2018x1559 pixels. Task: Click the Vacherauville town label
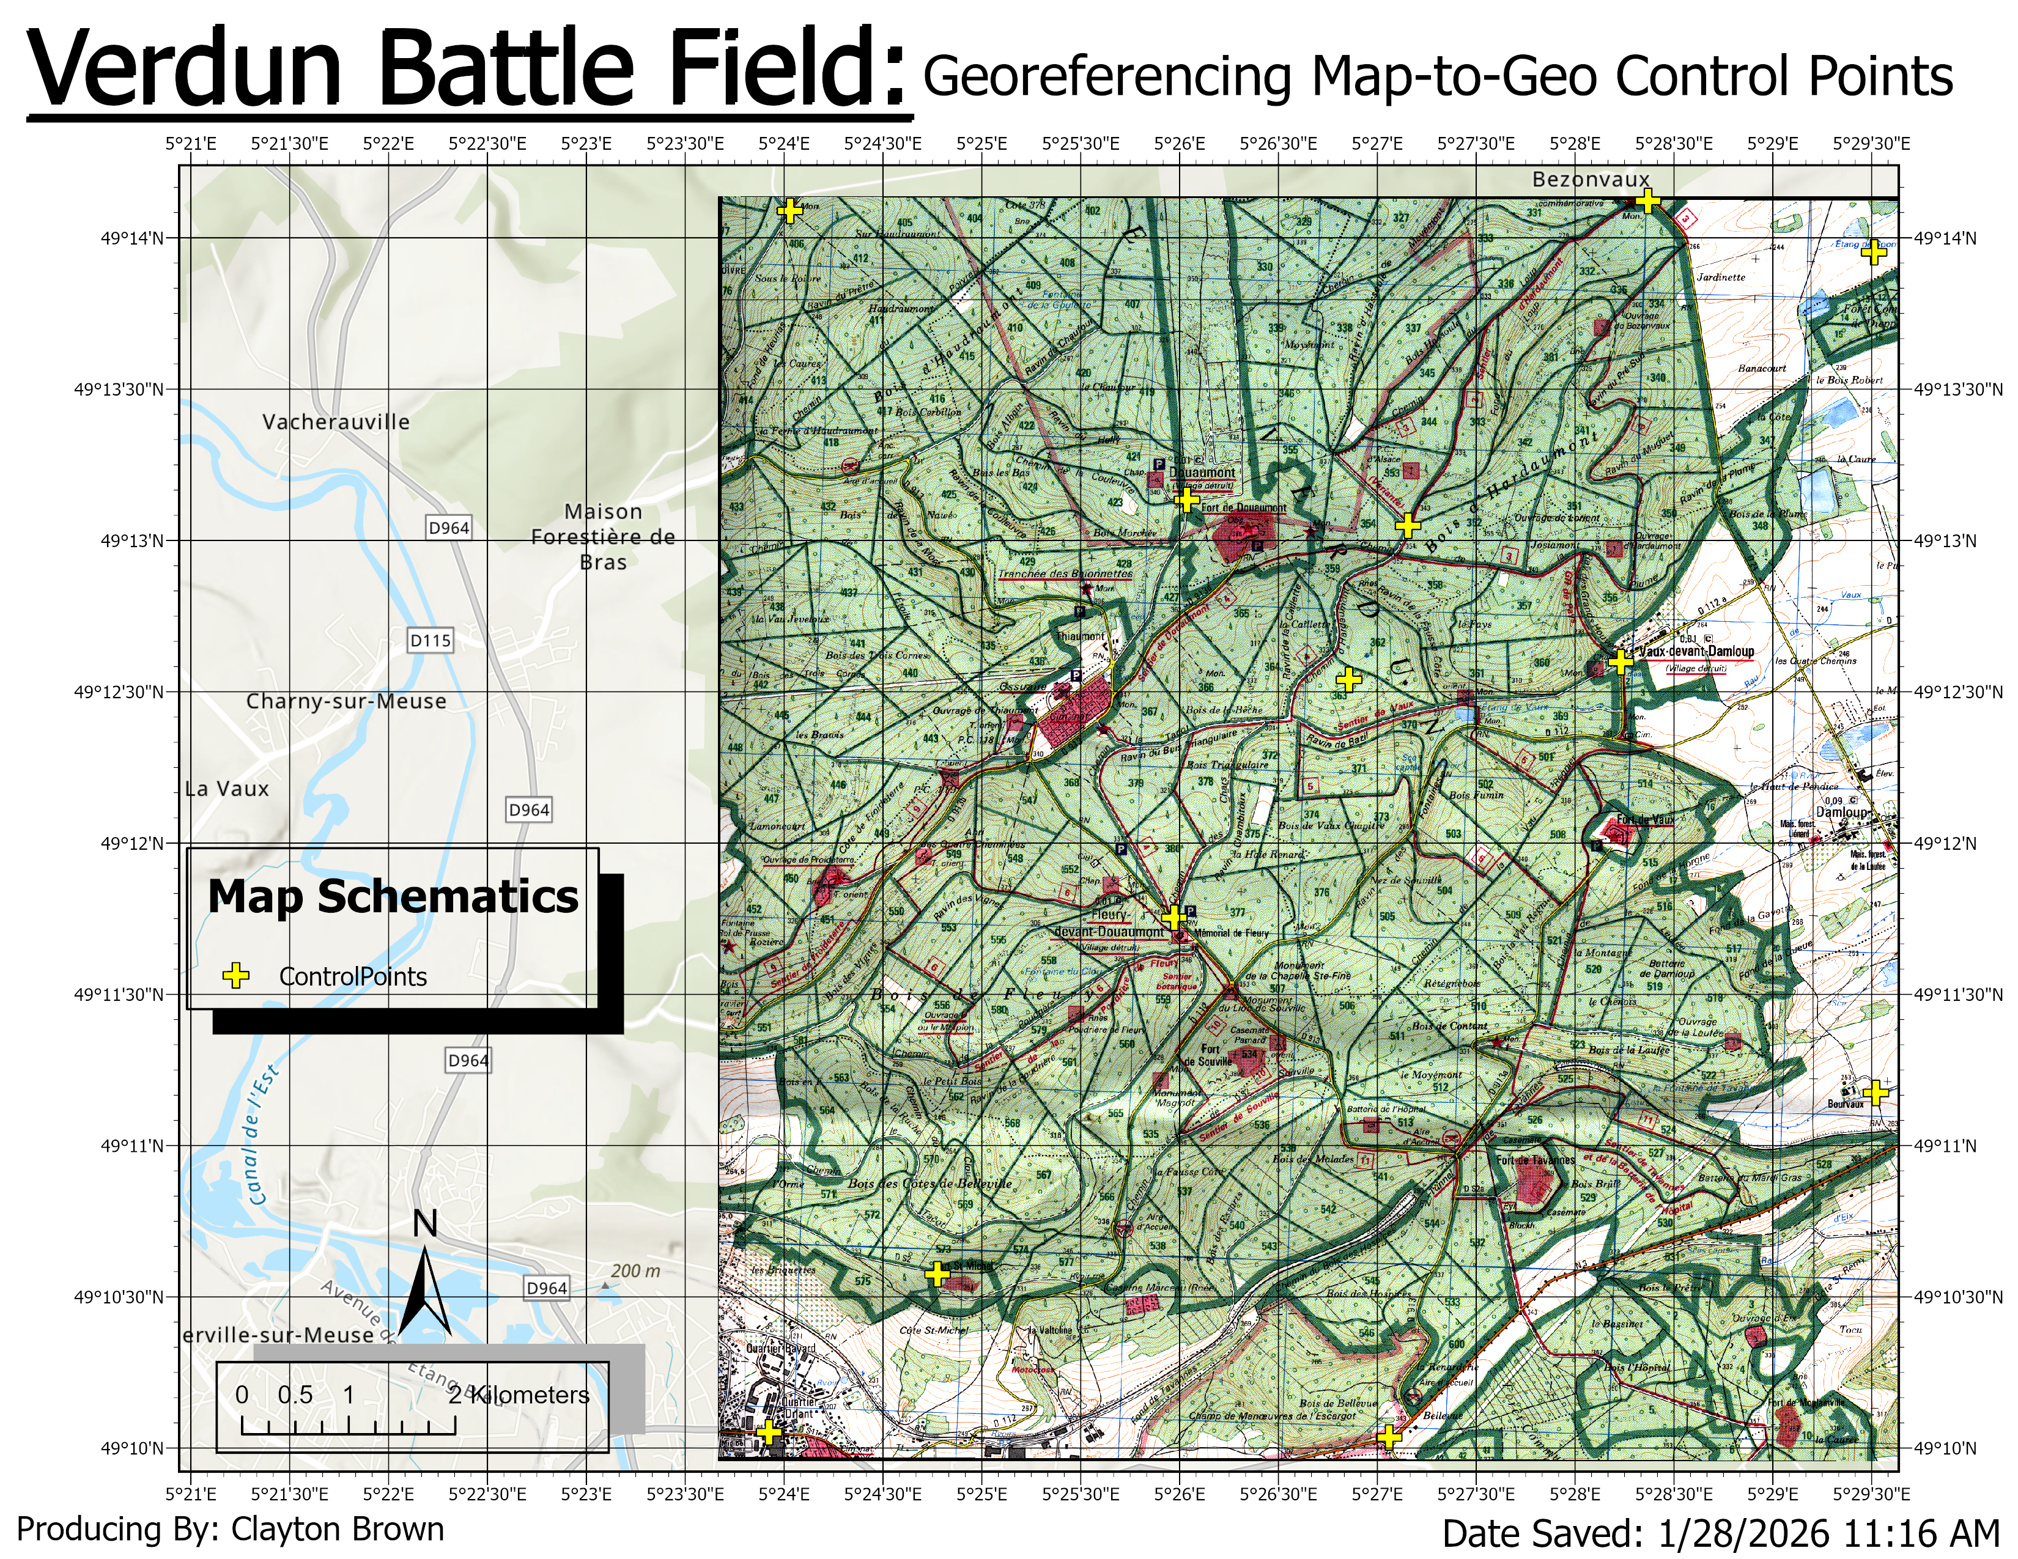[x=335, y=422]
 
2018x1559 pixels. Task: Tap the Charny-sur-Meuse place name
[x=346, y=701]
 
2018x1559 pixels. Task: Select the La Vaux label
[x=227, y=789]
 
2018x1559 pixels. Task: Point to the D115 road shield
[x=431, y=640]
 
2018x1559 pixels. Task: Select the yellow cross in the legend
[x=237, y=976]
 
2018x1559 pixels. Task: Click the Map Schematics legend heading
[x=393, y=897]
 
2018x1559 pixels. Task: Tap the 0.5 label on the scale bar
[x=295, y=1395]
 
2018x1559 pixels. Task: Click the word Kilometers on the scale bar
[x=530, y=1395]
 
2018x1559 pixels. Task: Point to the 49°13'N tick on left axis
[x=132, y=540]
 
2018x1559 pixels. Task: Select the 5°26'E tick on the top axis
[x=1179, y=144]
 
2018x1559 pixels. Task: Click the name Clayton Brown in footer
[x=338, y=1528]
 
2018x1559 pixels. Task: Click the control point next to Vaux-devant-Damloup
[x=1620, y=662]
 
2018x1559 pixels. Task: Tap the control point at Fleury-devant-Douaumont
[x=1172, y=917]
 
